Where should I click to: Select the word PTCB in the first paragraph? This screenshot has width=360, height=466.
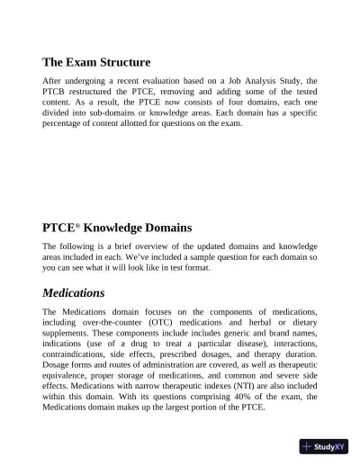coord(56,93)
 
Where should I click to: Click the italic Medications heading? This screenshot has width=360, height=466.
coord(74,292)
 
